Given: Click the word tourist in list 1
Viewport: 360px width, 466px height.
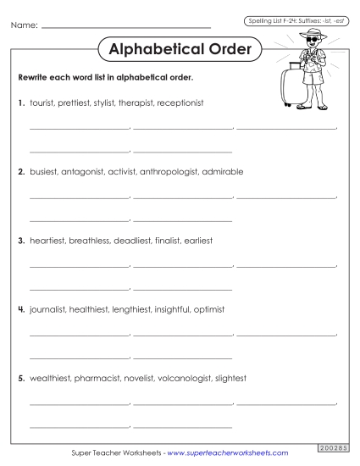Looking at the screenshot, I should pyautogui.click(x=42, y=103).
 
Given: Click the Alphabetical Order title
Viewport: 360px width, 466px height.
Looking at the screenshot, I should pyautogui.click(x=180, y=50).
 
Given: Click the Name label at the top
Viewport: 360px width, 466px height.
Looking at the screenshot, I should pyautogui.click(x=24, y=27).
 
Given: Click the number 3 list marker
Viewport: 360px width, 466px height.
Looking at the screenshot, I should pyautogui.click(x=20, y=241).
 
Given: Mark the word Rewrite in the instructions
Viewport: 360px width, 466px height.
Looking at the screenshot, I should pyautogui.click(x=33, y=77).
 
